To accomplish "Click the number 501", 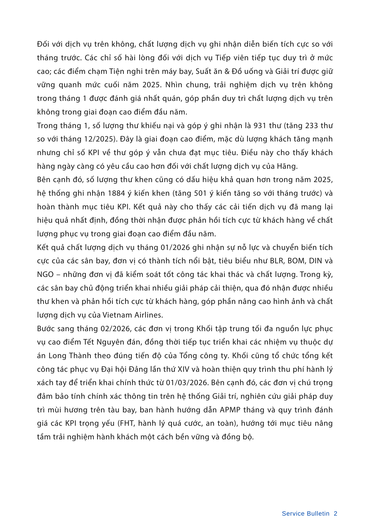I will (200, 193).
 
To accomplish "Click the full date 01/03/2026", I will (187, 383).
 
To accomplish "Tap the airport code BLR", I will (277, 261).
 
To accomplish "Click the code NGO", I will (45, 275).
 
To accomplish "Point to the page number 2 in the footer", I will (335, 514).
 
